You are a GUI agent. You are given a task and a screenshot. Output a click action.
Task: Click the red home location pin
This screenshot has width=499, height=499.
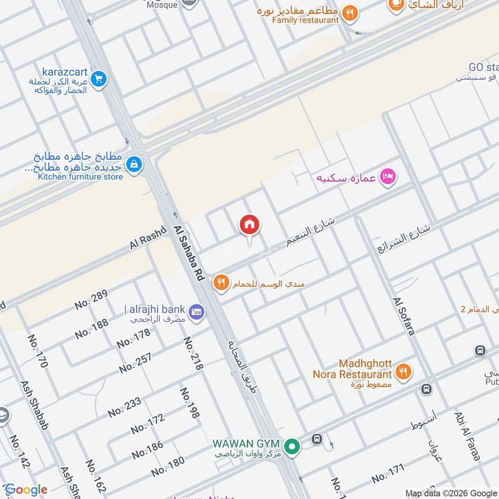(249, 225)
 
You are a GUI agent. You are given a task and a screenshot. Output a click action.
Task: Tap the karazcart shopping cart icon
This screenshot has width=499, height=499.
(98, 79)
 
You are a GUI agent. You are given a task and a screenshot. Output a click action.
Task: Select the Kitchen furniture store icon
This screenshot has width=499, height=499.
(133, 164)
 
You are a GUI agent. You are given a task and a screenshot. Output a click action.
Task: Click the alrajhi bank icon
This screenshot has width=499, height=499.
(196, 310)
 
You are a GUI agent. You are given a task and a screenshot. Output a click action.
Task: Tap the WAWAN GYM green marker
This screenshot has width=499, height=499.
(291, 446)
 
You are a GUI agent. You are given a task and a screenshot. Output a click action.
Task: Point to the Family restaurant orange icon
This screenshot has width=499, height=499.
(350, 11)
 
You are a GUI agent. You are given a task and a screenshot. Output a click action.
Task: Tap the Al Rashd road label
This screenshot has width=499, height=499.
(148, 239)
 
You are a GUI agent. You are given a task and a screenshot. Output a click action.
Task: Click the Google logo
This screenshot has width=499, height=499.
(26, 490)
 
